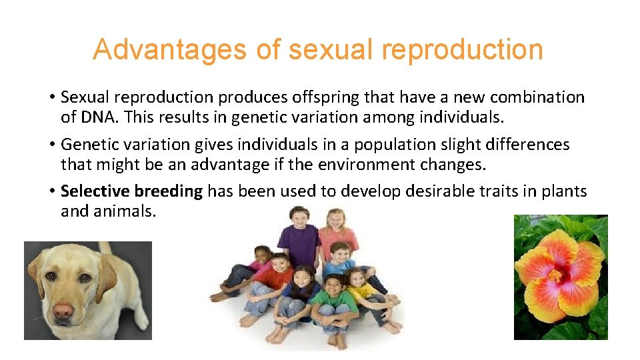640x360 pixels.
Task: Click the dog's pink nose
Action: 64,311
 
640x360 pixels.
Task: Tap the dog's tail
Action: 105,247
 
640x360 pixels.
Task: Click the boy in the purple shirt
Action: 300,240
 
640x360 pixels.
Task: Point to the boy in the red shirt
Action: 275,280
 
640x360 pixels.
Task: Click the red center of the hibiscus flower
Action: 555,275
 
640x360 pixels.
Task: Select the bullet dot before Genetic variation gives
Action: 51,145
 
